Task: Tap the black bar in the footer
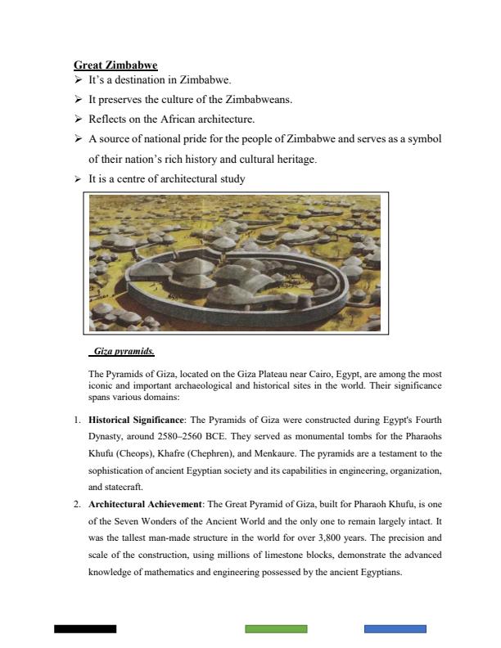coord(85,628)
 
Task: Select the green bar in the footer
coord(276,628)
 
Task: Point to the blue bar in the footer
coord(395,628)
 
